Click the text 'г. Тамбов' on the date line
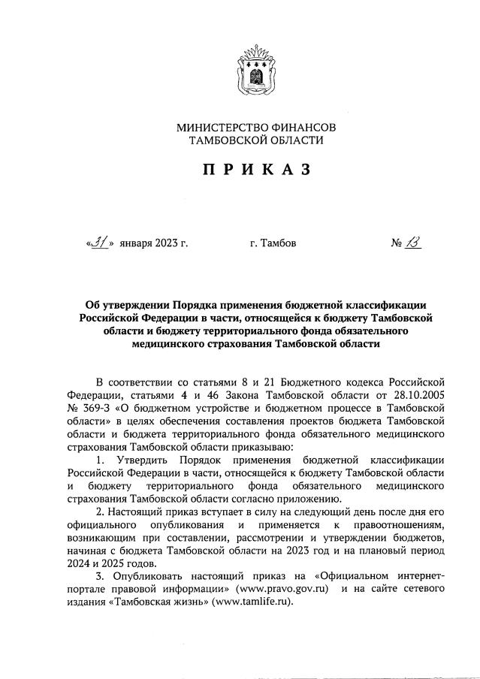click(x=272, y=243)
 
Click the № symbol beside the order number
click(x=397, y=243)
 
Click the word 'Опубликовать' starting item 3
click(x=149, y=574)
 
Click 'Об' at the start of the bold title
click(x=93, y=304)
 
